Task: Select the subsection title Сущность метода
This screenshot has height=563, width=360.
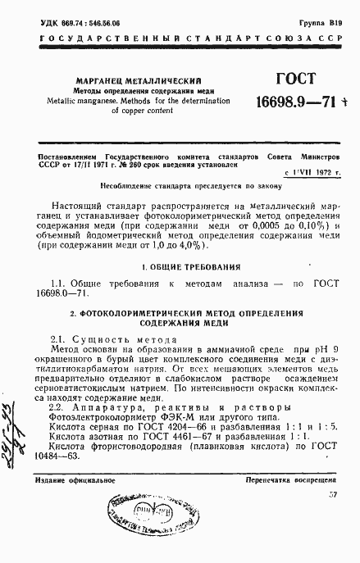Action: pyautogui.click(x=122, y=340)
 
